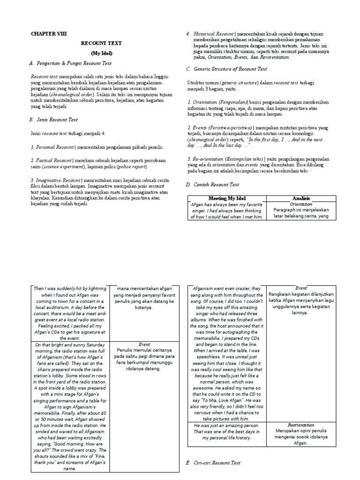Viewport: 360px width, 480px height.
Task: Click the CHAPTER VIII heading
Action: pos(47,34)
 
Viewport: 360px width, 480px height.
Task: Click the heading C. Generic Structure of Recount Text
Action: pos(226,68)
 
